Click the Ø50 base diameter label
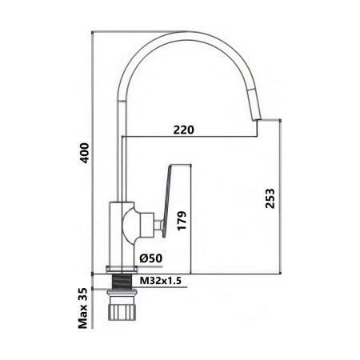point(150,258)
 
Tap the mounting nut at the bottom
point(123,307)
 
